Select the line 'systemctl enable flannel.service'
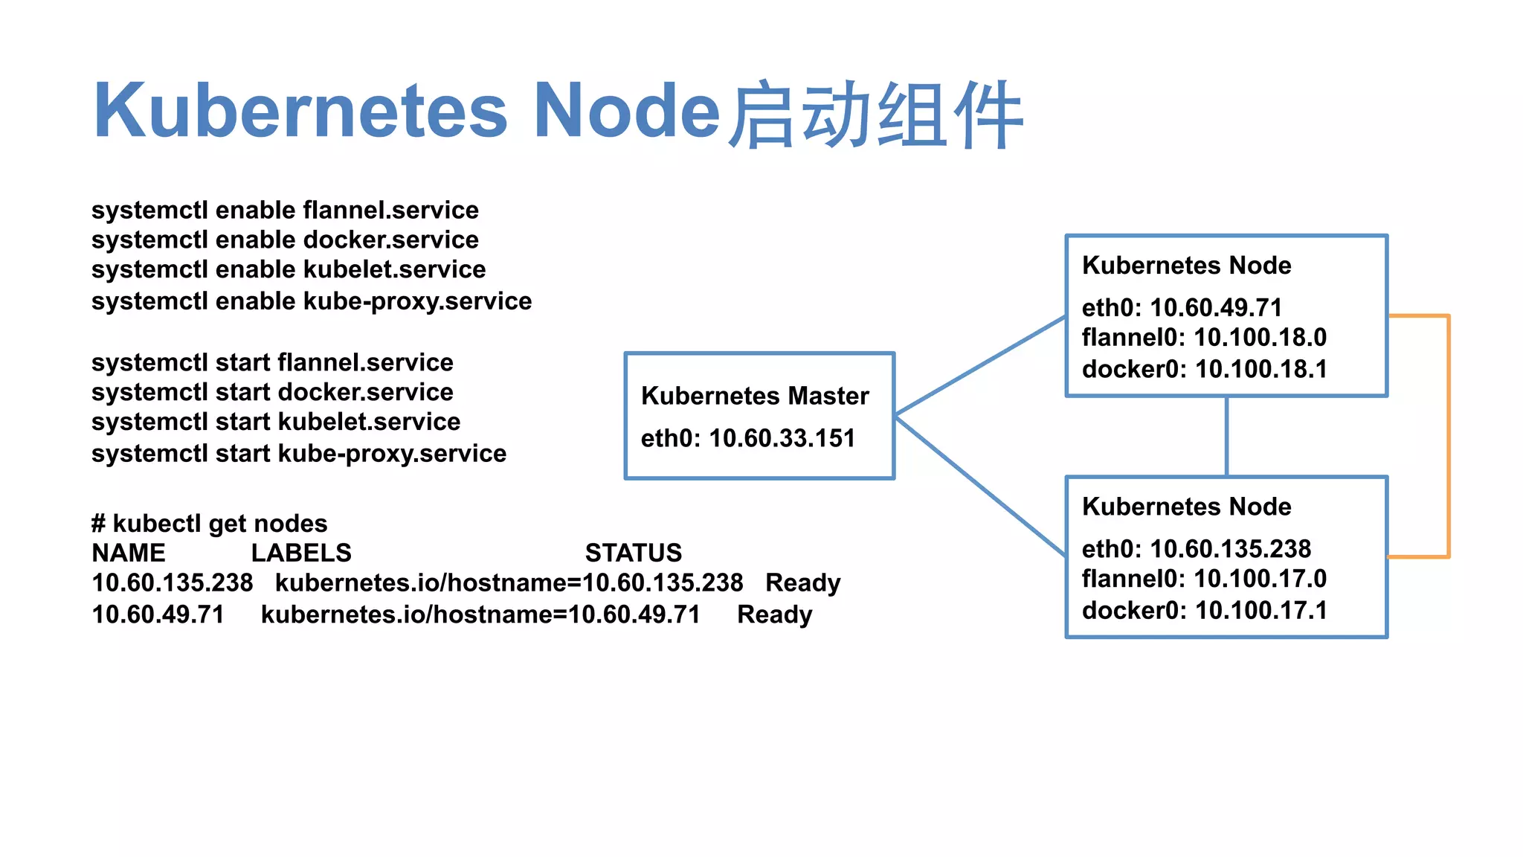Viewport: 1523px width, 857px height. coord(285,211)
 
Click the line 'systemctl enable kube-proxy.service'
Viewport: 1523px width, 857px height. coord(312,301)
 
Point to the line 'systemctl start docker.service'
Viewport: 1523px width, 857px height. coord(272,392)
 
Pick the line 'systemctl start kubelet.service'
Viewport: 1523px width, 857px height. coord(276,422)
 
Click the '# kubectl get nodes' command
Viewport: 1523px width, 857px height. coord(209,524)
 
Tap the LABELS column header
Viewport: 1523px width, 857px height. coord(301,553)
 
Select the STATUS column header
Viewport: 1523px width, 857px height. coord(633,553)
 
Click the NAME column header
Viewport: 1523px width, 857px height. coord(129,553)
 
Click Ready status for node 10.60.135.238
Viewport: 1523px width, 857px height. coord(802,582)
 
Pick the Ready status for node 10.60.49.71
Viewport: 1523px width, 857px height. coord(774,614)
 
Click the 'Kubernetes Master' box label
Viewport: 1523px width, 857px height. coord(755,396)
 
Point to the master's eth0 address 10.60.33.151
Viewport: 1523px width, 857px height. coord(748,438)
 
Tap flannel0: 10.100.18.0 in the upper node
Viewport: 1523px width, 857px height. coord(1204,338)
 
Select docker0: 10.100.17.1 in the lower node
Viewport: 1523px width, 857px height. coord(1204,611)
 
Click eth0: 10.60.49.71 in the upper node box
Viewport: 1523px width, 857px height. coord(1182,307)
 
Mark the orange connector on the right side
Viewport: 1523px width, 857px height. coord(1448,436)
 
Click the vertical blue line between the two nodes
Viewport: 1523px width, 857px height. coord(1226,436)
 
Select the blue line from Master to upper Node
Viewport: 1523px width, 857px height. coord(980,365)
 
